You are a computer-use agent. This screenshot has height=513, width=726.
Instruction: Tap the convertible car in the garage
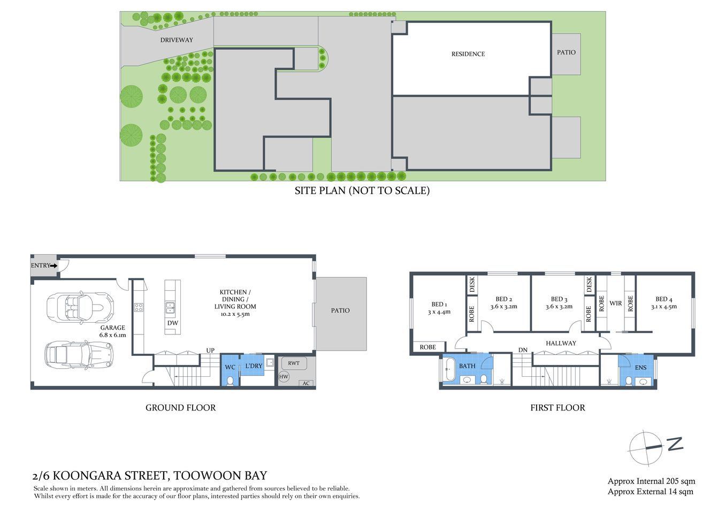point(80,308)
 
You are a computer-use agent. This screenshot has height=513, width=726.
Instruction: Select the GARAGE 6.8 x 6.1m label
point(112,331)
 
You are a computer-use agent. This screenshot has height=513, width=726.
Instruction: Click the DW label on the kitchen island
point(172,323)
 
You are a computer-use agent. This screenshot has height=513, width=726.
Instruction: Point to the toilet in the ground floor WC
point(231,380)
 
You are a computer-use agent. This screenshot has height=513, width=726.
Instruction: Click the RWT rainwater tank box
point(294,363)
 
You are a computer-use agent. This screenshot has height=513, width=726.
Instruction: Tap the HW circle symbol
point(284,377)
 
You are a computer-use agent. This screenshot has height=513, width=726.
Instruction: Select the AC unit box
point(305,383)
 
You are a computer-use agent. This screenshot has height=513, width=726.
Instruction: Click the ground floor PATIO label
point(340,310)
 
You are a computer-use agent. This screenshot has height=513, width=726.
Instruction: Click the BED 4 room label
point(663,302)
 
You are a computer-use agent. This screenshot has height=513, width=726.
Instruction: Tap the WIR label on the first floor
point(616,303)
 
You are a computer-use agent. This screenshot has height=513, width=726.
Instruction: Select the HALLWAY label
point(561,343)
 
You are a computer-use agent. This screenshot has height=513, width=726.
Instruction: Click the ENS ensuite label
point(640,368)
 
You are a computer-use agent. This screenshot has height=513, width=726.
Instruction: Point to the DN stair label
point(523,350)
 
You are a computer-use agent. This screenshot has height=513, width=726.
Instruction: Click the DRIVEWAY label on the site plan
point(177,40)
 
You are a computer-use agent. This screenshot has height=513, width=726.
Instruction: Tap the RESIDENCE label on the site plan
point(468,54)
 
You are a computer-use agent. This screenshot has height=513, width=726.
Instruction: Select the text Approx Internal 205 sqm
point(651,481)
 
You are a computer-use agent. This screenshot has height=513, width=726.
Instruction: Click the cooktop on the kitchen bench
point(139,307)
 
